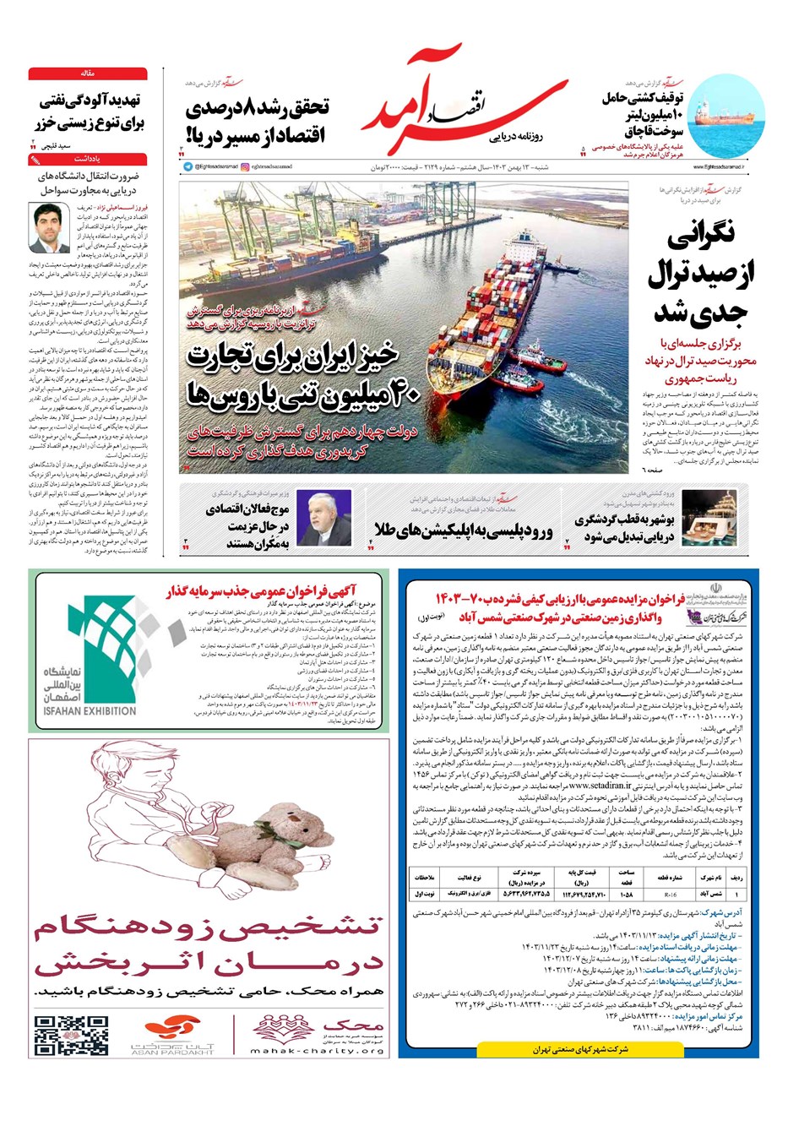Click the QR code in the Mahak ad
click(x=60, y=1036)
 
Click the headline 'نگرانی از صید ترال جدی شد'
click(x=702, y=274)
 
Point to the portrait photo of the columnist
click(x=49, y=228)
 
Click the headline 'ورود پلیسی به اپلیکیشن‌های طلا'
click(x=464, y=531)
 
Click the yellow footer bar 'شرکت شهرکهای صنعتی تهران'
click(x=581, y=1050)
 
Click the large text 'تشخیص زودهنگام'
click(x=209, y=930)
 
